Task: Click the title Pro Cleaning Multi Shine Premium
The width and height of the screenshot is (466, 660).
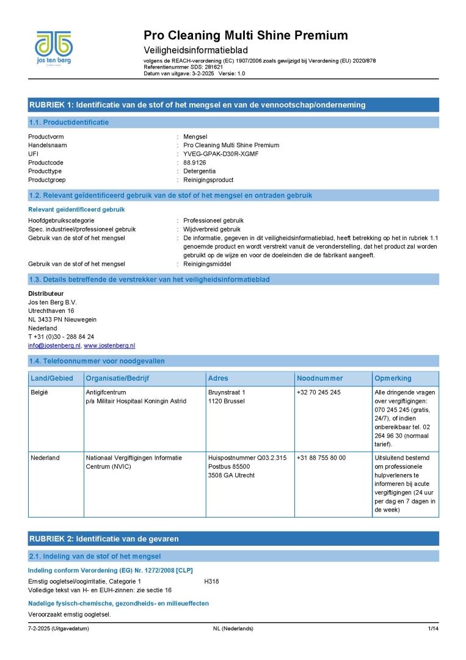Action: coord(246,35)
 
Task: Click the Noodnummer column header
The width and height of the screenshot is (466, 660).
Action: coord(321,378)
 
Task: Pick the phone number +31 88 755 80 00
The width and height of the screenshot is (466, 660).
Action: coord(321,458)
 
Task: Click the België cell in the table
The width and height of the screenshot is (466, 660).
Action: coord(39,392)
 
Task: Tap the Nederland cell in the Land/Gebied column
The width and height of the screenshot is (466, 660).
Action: coord(45,458)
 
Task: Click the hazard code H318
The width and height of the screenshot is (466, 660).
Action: coord(211,581)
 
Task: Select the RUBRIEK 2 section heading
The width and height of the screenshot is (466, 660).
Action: coord(104,538)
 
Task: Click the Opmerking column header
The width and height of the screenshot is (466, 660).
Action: coord(393,378)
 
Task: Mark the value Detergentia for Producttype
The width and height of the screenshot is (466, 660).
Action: coord(200,171)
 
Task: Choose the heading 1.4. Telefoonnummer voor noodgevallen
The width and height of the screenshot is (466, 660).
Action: coord(97,361)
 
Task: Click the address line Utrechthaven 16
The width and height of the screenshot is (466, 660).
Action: coord(51,311)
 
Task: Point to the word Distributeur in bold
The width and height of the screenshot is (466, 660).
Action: coord(46,293)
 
